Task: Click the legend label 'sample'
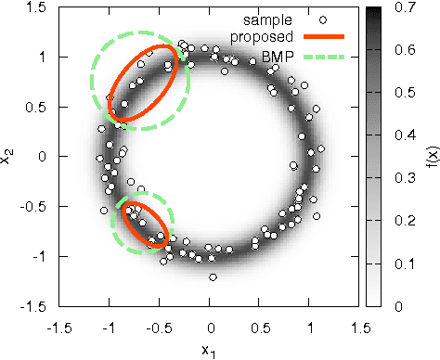click(x=268, y=18)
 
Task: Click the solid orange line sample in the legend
click(x=319, y=37)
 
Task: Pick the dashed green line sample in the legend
click(x=319, y=57)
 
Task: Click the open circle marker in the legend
click(x=319, y=18)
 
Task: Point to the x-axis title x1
click(x=211, y=351)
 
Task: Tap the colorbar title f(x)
click(x=428, y=157)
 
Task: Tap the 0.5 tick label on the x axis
click(x=261, y=327)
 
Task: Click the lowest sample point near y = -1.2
click(x=213, y=276)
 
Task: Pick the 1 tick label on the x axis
click(x=311, y=327)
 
